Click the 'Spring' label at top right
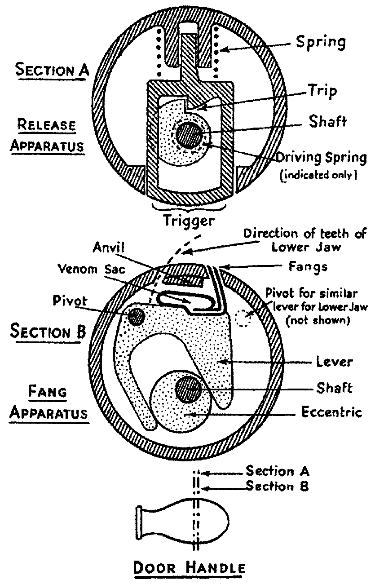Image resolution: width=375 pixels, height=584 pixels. (x=321, y=43)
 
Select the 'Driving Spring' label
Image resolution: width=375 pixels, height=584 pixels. (x=321, y=158)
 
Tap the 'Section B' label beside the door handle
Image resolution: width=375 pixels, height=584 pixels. (x=277, y=487)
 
